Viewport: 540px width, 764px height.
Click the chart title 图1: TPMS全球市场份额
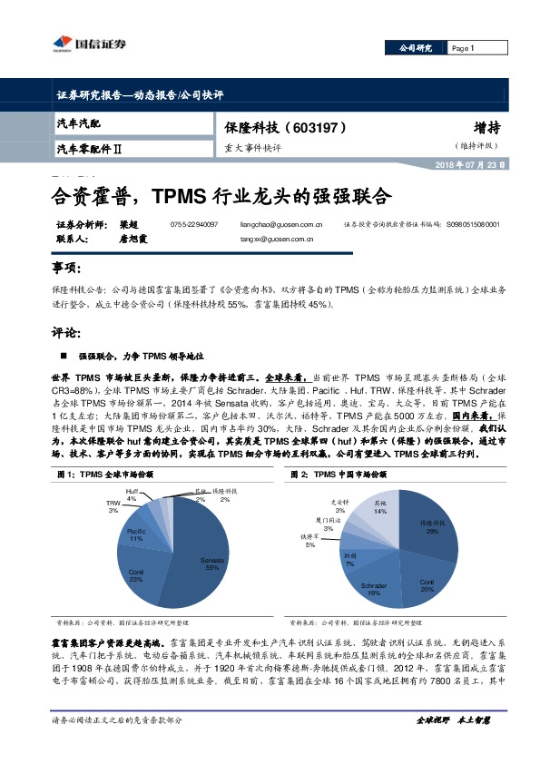105,474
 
